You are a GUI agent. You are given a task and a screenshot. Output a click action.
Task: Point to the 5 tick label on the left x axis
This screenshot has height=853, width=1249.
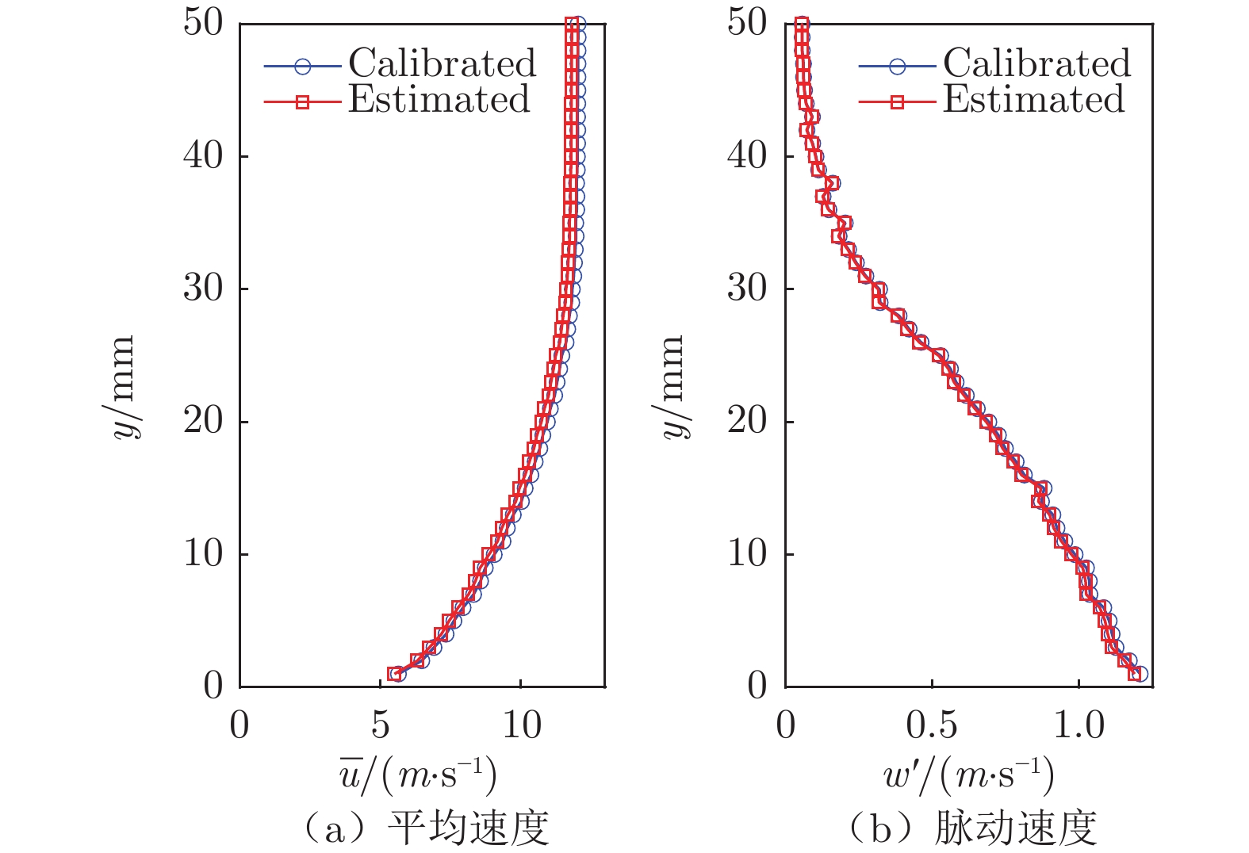(380, 725)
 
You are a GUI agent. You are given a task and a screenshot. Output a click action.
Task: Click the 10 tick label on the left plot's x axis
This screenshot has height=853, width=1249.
(521, 725)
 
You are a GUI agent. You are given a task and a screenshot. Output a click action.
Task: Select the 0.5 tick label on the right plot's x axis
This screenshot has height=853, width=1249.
(932, 725)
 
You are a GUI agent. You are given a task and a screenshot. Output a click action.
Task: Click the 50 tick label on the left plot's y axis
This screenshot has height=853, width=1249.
(204, 23)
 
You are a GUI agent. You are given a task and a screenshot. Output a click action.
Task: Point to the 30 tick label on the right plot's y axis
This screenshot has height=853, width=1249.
(748, 288)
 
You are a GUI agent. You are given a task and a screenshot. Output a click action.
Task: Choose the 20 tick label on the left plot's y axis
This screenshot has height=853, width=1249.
(204, 421)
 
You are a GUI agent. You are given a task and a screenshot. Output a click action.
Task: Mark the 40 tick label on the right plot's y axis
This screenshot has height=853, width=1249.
(748, 155)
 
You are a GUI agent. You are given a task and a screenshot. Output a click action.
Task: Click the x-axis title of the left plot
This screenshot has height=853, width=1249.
(418, 775)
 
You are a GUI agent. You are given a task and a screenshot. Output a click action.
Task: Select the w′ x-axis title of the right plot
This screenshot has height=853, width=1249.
(968, 775)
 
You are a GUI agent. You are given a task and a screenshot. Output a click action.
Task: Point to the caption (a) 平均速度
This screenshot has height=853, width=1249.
(424, 828)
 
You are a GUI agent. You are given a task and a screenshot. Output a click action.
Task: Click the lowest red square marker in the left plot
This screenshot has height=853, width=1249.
(394, 674)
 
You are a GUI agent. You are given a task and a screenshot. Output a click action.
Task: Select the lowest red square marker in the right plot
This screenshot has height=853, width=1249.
(1135, 674)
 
